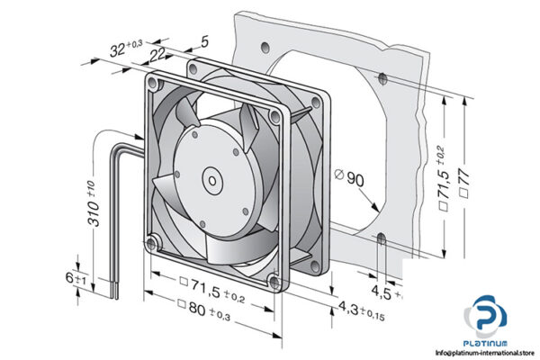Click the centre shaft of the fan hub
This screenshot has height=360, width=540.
(x=213, y=178)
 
